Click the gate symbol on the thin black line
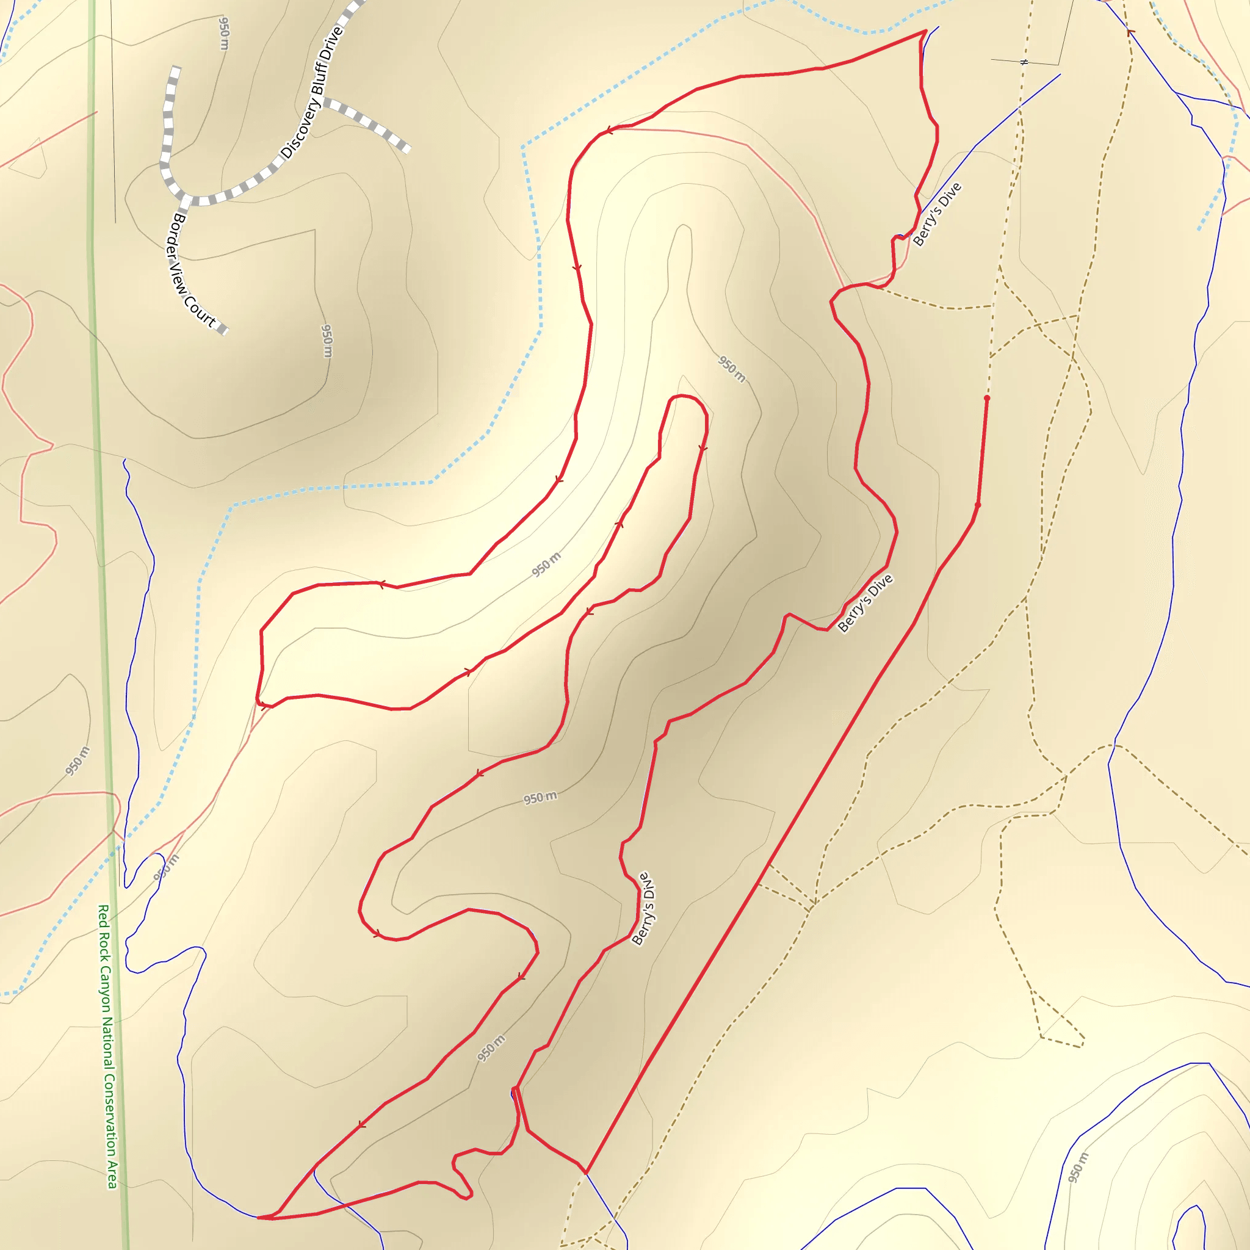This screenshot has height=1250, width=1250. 1024,62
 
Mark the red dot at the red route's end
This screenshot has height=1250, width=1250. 987,398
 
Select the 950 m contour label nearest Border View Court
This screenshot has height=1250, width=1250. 327,341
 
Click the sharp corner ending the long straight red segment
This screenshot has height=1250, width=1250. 586,1172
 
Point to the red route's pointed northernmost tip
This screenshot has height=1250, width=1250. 926,31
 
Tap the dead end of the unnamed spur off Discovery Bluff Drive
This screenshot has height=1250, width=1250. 408,150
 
